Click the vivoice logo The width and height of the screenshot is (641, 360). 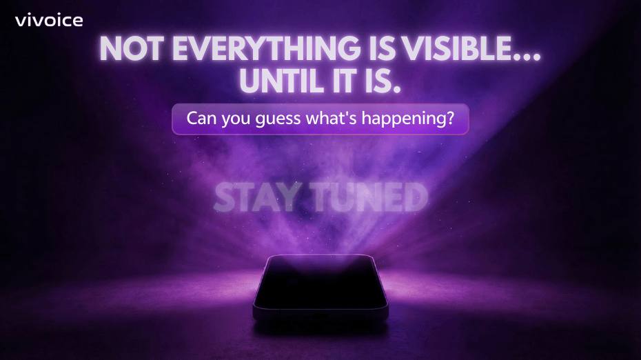pyautogui.click(x=49, y=21)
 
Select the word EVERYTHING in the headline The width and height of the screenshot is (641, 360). pyautogui.click(x=267, y=49)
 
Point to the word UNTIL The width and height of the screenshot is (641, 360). pyautogui.click(x=283, y=81)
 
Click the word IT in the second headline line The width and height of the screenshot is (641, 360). pyautogui.click(x=346, y=81)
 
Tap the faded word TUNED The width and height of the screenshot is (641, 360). pyautogui.click(x=369, y=198)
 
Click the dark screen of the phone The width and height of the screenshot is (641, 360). pyautogui.click(x=320, y=282)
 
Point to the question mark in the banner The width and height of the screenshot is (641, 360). pyautogui.click(x=451, y=118)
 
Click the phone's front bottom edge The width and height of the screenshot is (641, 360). pyautogui.click(x=320, y=314)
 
